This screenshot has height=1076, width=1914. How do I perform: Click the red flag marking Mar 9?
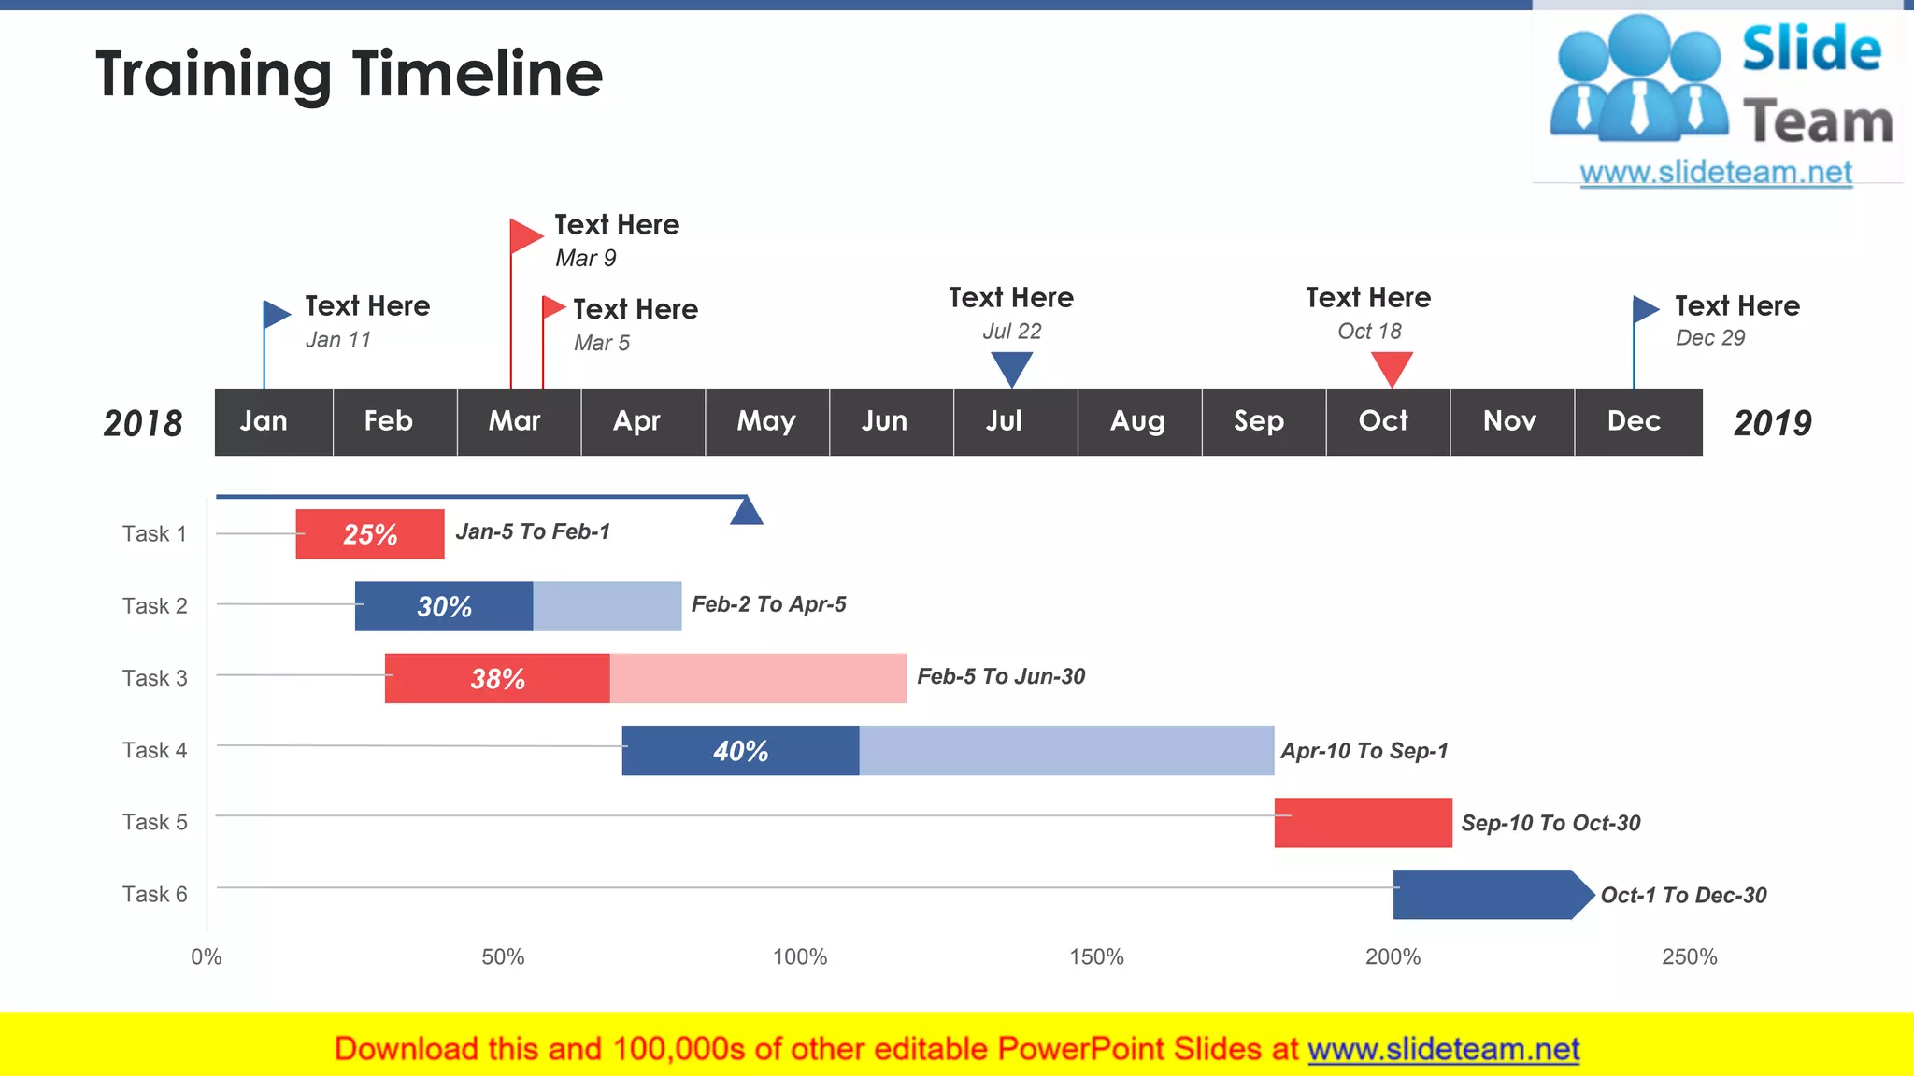tap(525, 235)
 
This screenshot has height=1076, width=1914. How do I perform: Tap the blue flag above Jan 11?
tap(276, 314)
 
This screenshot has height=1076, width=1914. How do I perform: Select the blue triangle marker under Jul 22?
tap(1011, 367)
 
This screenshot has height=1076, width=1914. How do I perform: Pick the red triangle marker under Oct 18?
tap(1392, 367)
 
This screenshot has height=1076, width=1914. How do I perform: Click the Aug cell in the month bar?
tap(1138, 422)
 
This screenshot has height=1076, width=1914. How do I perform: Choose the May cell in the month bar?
tap(766, 422)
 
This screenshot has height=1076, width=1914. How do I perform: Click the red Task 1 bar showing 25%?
tap(370, 534)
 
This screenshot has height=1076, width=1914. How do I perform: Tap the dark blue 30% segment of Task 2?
tap(444, 606)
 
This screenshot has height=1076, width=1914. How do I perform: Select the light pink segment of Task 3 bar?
tap(757, 678)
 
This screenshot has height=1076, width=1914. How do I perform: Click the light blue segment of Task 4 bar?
tap(1065, 750)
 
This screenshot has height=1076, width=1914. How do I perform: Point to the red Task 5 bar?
tap(1363, 823)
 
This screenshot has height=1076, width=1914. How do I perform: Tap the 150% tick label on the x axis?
tap(1096, 957)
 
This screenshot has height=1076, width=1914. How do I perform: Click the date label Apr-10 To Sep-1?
tap(1364, 751)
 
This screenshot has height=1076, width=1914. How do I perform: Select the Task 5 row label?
tap(155, 822)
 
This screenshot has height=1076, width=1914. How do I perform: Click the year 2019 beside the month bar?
tap(1772, 423)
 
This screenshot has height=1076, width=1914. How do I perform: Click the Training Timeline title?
tap(350, 74)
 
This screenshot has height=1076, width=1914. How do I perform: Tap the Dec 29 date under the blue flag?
tap(1709, 338)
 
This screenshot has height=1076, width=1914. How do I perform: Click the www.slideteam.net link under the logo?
tap(1716, 173)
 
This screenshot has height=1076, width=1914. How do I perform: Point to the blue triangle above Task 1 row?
tap(747, 513)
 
